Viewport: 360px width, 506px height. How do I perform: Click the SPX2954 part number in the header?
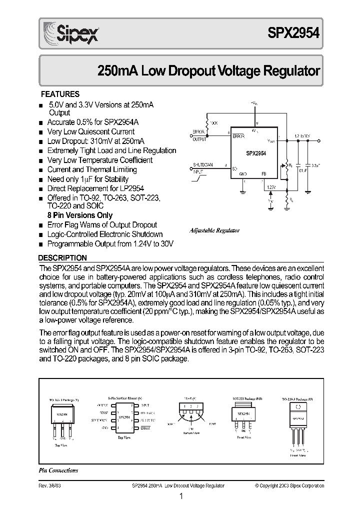point(295,35)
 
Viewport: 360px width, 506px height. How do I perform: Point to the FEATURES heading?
point(59,94)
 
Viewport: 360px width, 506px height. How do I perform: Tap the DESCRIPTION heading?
point(63,258)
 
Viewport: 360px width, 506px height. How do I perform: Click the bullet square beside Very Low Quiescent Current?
point(41,132)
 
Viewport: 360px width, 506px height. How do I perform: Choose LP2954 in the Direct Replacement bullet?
point(130,188)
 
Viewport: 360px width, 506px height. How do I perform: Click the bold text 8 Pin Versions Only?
point(79,215)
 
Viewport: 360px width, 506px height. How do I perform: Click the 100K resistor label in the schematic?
point(213,122)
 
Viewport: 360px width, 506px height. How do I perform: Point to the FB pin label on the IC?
point(263,174)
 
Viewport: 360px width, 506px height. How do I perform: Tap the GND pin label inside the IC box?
point(243,174)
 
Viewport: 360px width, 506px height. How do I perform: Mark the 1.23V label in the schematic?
point(271,187)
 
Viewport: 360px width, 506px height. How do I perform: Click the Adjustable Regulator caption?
point(215,230)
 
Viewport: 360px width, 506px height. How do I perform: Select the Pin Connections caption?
point(58,470)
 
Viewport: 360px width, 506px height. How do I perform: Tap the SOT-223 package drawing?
point(243,414)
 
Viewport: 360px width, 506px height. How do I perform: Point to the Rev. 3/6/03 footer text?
point(50,485)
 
